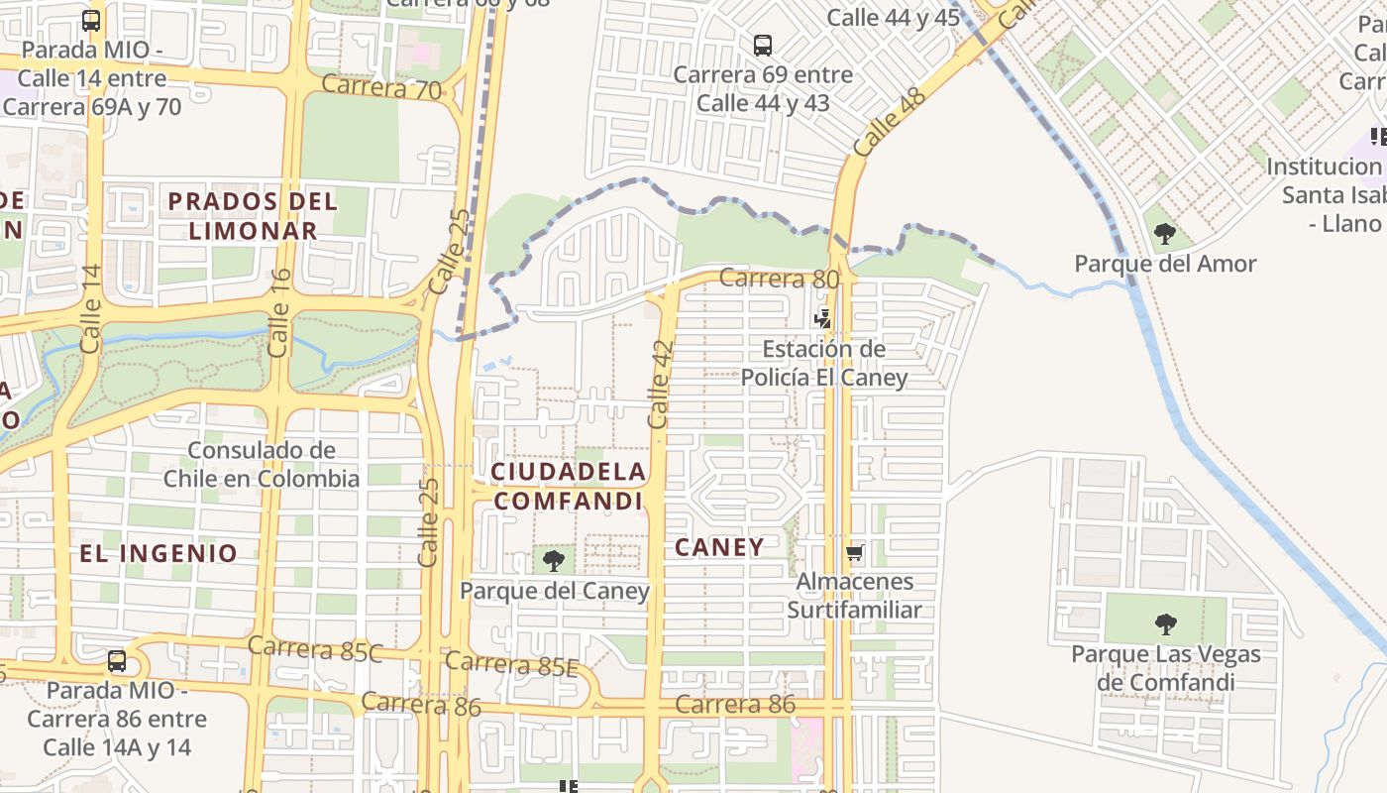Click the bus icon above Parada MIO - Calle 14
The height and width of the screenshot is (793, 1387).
91,20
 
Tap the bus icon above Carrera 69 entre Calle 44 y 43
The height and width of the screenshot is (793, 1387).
762,45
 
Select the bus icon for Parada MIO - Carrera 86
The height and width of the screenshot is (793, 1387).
117,660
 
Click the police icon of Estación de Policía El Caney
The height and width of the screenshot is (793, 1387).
822,318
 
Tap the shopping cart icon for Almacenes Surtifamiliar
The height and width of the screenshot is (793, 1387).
855,552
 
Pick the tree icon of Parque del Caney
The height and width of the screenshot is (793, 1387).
554,561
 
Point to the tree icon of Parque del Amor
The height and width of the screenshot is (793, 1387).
1165,234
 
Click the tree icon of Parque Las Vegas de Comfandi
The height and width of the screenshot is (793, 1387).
1166,624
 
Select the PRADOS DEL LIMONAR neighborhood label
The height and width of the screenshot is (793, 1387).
253,216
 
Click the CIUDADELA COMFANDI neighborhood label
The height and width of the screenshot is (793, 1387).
569,486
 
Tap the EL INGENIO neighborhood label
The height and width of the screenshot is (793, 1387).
159,553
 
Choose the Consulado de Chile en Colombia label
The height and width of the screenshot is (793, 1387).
262,464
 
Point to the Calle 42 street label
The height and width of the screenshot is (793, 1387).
660,385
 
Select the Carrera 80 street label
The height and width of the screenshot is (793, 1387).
779,279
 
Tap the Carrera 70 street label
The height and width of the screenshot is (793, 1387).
381,87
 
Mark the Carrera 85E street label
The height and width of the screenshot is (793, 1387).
511,664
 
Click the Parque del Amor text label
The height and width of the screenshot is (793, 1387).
1165,264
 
